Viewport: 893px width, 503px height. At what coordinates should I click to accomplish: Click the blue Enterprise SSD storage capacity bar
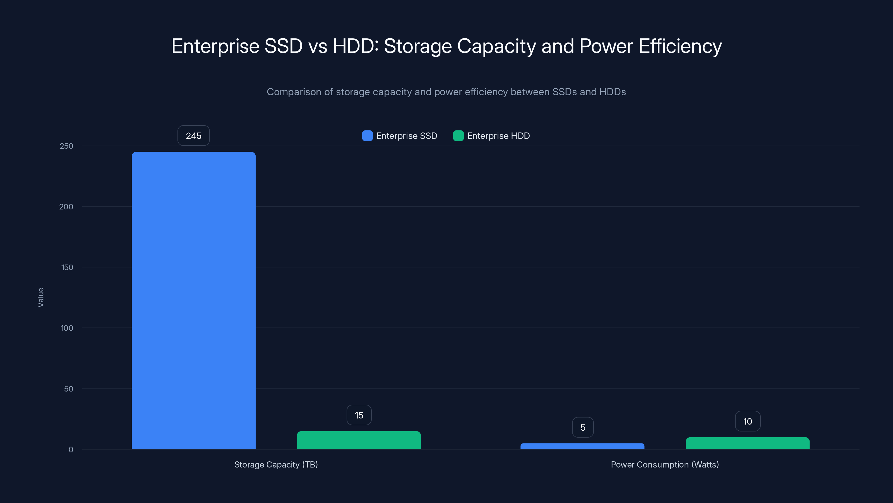[x=193, y=300]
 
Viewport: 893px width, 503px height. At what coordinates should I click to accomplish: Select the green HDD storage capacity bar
[x=359, y=440]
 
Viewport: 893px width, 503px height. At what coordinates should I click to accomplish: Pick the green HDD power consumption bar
[x=747, y=443]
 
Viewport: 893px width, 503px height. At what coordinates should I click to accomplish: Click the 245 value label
[x=193, y=136]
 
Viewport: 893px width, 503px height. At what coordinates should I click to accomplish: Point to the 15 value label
[x=359, y=415]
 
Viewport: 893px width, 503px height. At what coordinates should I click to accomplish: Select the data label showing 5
[x=583, y=427]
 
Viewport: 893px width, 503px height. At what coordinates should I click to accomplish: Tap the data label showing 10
[x=747, y=421]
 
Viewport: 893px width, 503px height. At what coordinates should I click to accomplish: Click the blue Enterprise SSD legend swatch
[x=367, y=136]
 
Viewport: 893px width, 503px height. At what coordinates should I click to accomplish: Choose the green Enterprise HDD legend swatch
[x=458, y=136]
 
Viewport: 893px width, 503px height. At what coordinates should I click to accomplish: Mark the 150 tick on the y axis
[x=67, y=268]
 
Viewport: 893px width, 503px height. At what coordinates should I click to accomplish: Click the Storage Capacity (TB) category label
[x=276, y=464]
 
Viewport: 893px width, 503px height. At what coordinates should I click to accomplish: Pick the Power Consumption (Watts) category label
[x=664, y=464]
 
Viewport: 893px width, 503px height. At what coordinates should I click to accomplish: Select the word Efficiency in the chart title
[x=680, y=46]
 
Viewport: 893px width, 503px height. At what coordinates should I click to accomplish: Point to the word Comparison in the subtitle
[x=294, y=92]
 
